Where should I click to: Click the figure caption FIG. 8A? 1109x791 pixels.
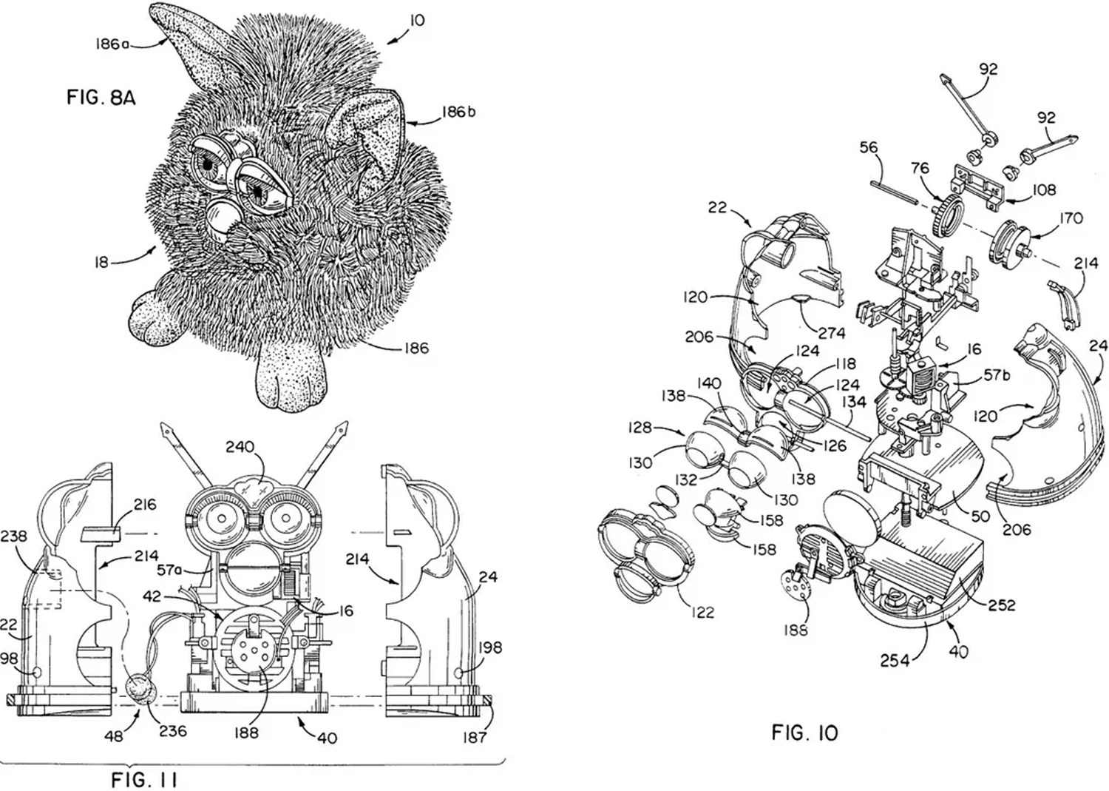coord(101,97)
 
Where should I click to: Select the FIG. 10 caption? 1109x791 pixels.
coord(804,733)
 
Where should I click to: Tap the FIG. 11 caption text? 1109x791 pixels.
coord(144,779)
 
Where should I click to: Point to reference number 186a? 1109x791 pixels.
coord(112,44)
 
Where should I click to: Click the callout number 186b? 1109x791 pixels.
coord(458,112)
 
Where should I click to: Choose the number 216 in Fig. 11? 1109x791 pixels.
coord(145,505)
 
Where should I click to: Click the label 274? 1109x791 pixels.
coord(832,333)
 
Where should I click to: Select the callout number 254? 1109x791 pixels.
coord(894,660)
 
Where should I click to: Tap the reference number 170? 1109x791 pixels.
coord(1071,218)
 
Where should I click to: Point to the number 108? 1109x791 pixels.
coord(1044,190)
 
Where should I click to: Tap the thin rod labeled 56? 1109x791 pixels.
coord(894,190)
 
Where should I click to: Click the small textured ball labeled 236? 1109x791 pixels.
coord(140,690)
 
